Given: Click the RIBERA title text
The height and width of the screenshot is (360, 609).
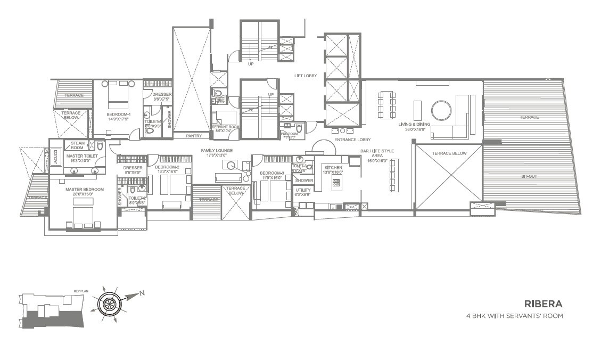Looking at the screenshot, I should click(x=543, y=304).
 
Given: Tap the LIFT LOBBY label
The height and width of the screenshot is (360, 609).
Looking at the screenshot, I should click(x=306, y=76).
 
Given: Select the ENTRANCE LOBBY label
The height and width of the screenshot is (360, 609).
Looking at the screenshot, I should click(x=352, y=140).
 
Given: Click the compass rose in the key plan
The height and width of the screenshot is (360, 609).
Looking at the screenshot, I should click(x=110, y=304).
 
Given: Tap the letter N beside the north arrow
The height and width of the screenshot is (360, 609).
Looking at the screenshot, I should click(x=142, y=292).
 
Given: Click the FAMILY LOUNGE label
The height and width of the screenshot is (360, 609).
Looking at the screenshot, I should click(x=216, y=151).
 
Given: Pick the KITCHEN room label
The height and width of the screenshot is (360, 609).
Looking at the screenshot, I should click(x=333, y=168).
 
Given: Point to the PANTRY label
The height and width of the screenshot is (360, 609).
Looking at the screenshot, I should click(x=194, y=136).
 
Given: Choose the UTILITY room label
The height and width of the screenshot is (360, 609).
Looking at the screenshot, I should click(x=303, y=190).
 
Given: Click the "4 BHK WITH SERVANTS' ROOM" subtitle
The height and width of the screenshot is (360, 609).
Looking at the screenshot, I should click(x=514, y=316).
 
